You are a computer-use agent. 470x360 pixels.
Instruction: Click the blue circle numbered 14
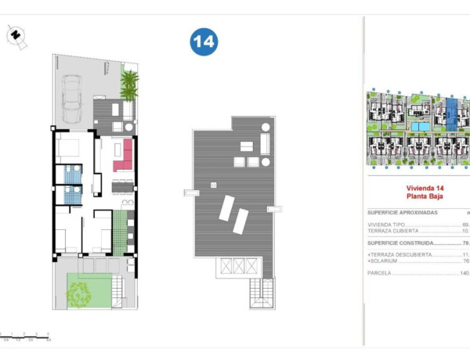(203, 43)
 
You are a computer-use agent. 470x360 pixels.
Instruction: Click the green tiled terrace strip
(119, 232)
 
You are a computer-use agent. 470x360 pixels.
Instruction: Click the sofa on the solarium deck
(265, 144)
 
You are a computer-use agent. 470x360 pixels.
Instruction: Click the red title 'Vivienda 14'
(424, 189)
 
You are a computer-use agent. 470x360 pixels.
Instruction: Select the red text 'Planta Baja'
(424, 197)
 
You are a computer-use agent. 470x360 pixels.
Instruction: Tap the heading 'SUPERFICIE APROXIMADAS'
(403, 213)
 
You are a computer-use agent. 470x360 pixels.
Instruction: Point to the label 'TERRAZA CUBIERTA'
(394, 232)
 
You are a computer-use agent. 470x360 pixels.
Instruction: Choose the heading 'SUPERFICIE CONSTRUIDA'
(402, 243)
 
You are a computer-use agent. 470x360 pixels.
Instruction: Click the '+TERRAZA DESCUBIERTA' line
(401, 255)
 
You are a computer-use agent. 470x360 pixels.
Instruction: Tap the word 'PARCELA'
(380, 273)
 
